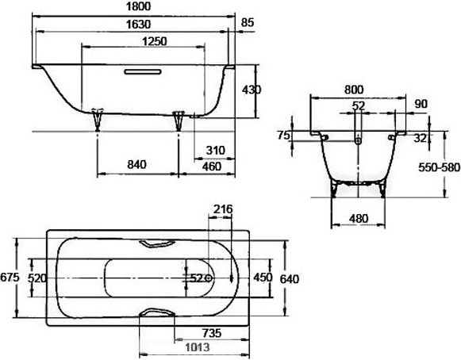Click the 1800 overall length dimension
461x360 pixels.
138,6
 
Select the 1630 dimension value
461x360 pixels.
138,25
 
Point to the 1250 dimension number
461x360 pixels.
155,41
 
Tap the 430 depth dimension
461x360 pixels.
252,90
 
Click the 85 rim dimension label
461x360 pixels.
248,23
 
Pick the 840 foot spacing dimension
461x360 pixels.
136,165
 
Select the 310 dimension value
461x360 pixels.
216,151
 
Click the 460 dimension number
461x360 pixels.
212,167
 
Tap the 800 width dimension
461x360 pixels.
354,90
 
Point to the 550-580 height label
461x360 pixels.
440,167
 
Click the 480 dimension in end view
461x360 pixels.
359,219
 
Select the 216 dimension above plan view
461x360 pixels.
223,209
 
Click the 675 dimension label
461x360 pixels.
10,277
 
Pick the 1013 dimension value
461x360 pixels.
198,347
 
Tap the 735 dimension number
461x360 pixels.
212,333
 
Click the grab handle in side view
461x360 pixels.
143,71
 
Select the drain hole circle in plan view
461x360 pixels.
209,278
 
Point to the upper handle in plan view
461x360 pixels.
157,243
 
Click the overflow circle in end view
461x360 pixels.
358,141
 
